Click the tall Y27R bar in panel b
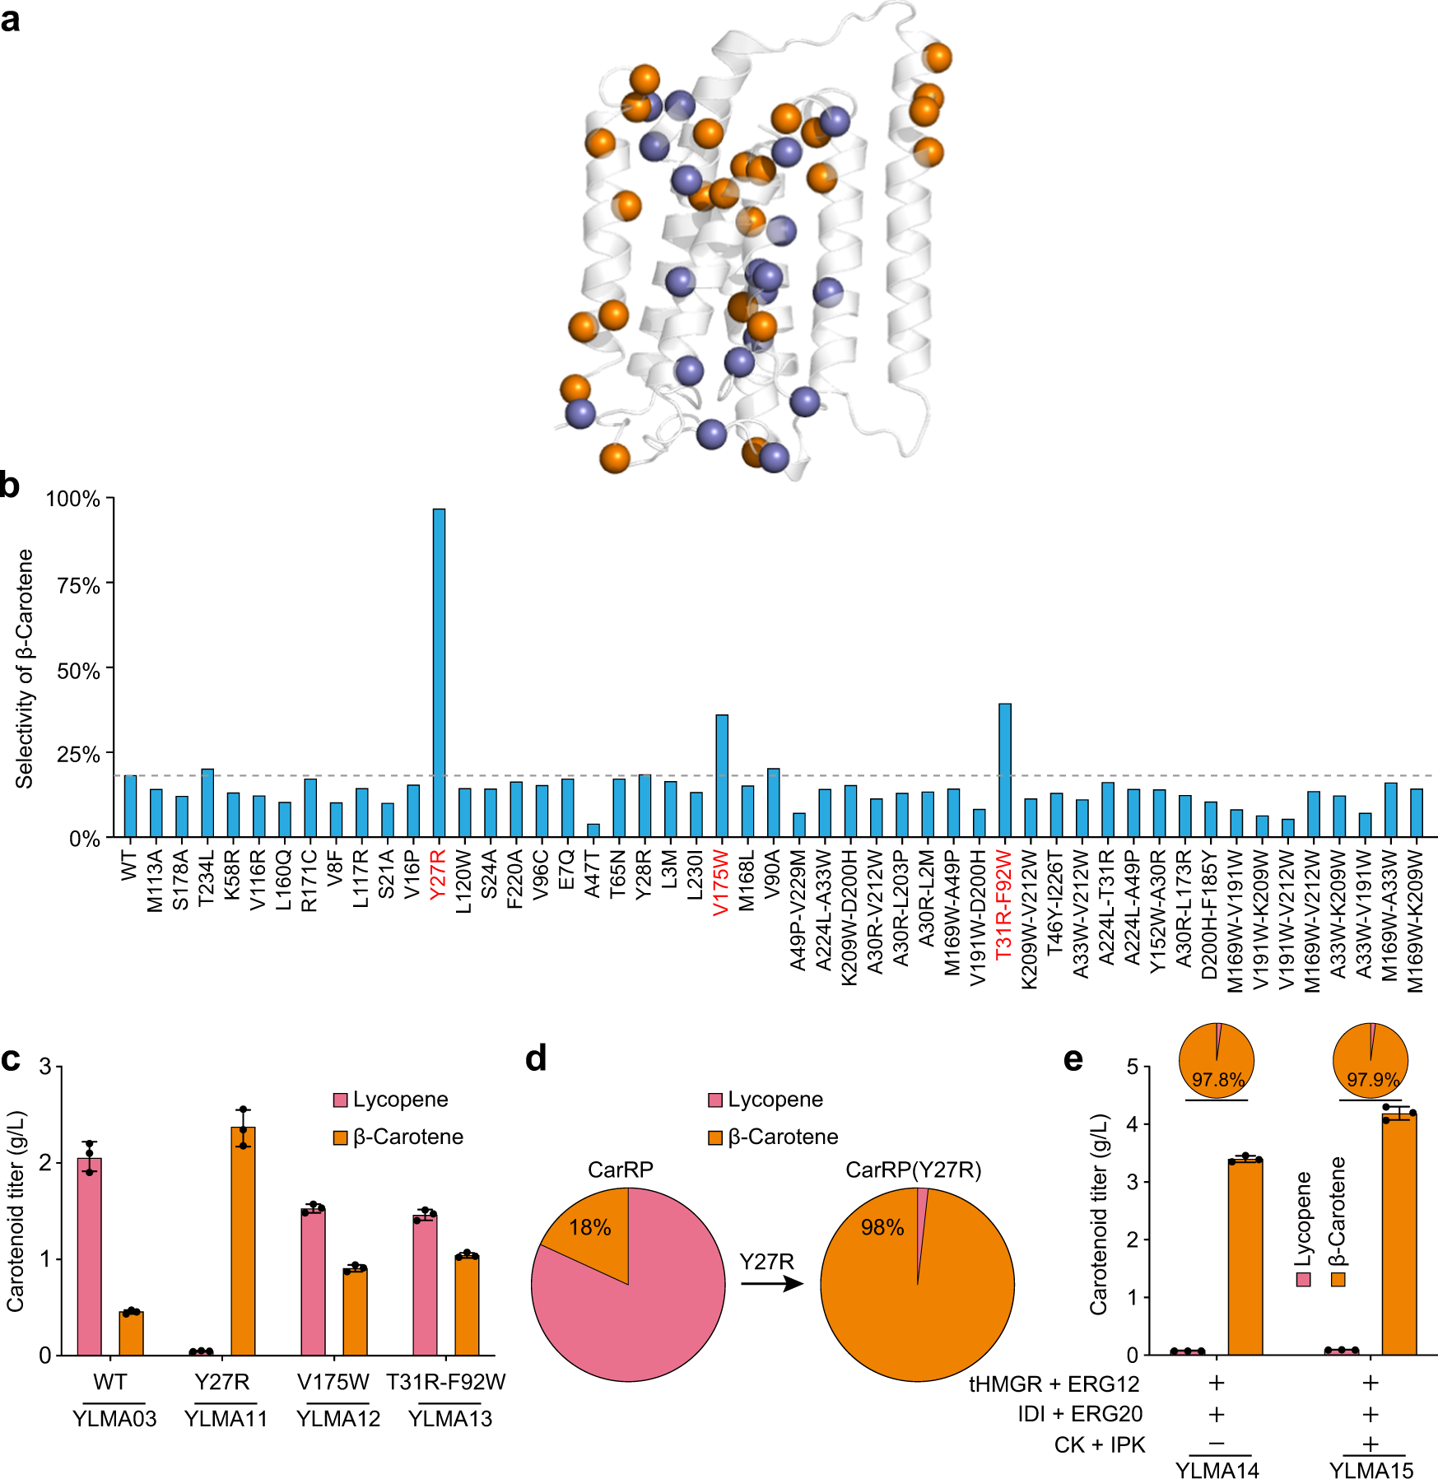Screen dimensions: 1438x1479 coord(439,672)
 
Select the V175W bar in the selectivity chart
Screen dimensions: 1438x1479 coord(722,776)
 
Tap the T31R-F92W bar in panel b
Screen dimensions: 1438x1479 coord(1005,770)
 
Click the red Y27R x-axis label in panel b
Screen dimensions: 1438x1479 coord(439,875)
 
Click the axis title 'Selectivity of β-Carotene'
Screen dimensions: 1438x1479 coord(25,668)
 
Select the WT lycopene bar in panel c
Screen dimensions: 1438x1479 coord(89,1256)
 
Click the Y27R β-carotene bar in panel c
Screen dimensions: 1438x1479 coord(243,1240)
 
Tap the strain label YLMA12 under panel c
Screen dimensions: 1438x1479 coord(338,1418)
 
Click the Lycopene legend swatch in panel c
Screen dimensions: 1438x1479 coord(340,1100)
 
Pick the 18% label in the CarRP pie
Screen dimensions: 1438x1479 coord(589,1228)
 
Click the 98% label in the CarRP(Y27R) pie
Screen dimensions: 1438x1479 coord(882,1227)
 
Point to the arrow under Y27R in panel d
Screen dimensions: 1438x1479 coord(771,1283)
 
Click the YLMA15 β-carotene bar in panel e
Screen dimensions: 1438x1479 coord(1398,1234)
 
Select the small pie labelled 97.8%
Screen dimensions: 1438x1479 coord(1217,1060)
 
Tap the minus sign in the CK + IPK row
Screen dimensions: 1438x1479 coord(1217,1444)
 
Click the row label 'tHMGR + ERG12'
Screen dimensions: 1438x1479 coord(1054,1384)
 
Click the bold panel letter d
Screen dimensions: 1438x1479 coord(536,1058)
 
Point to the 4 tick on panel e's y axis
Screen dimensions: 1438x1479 coord(1133,1124)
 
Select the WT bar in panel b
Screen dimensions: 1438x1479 coord(130,806)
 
